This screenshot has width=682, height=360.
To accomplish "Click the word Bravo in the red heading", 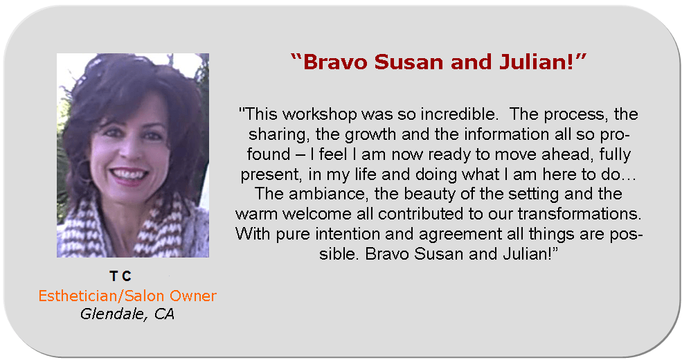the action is [335, 62].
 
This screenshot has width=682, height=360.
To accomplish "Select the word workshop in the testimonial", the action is [320, 115].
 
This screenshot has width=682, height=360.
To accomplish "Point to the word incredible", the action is [459, 114].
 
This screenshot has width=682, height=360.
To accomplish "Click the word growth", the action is [371, 135].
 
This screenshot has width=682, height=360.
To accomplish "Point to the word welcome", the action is [316, 214].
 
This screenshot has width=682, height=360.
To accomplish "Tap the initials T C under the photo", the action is [120, 276].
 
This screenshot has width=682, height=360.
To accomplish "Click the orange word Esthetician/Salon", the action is [101, 296].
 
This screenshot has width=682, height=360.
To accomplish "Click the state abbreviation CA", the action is [164, 314].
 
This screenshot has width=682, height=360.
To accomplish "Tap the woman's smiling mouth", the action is [129, 174].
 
